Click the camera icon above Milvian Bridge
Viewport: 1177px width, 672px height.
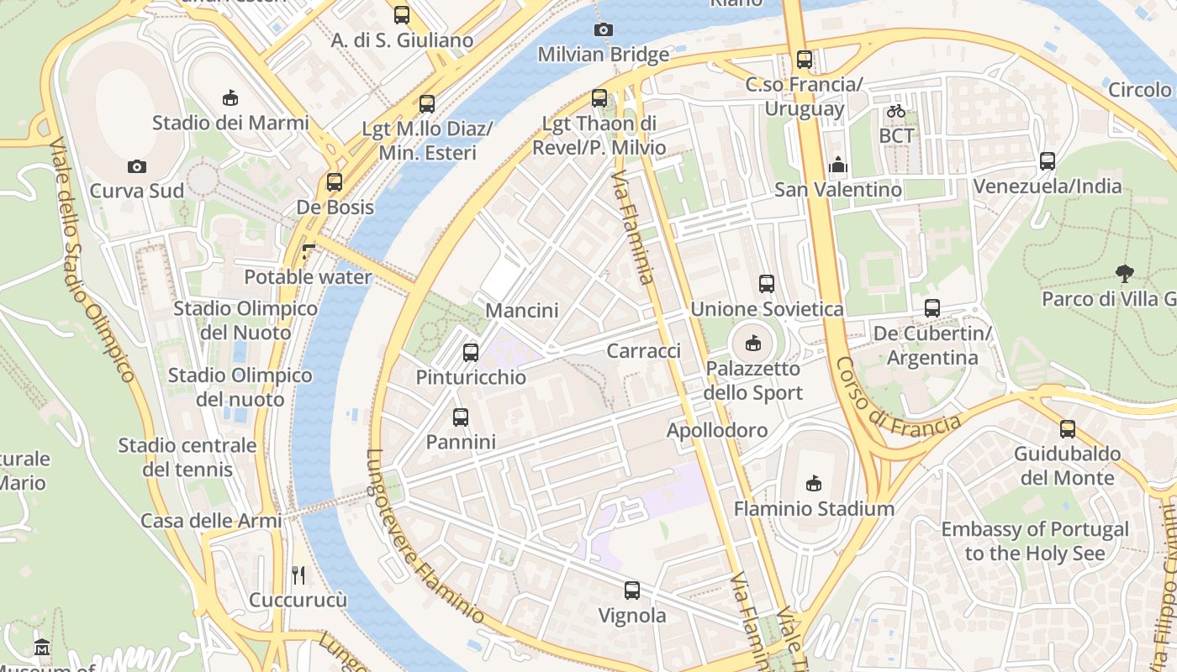coord(603,30)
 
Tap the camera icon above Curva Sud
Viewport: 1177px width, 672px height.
coord(136,167)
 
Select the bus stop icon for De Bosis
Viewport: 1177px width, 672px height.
coord(335,182)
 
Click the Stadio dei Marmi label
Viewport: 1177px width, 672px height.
coord(230,123)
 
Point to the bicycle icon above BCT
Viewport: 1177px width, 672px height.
coord(896,111)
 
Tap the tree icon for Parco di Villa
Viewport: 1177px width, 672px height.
coord(1123,274)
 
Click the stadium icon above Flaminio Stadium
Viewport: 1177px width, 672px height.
coord(813,483)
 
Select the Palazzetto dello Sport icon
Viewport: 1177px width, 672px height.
coord(753,344)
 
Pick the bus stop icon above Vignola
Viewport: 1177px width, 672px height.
coord(632,591)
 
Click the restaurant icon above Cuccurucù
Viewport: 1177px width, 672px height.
coord(298,575)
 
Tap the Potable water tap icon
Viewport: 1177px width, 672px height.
coord(309,251)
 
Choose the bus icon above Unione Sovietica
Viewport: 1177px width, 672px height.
coord(766,284)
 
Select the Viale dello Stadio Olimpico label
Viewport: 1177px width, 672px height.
coord(92,260)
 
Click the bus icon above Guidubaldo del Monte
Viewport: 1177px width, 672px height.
coord(1067,429)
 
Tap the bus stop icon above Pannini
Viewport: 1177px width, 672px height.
coord(460,417)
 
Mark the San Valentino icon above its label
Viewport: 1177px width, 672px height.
coord(837,165)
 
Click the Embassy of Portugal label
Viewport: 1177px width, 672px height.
coord(1034,542)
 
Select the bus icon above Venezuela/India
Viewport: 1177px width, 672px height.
coord(1047,161)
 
